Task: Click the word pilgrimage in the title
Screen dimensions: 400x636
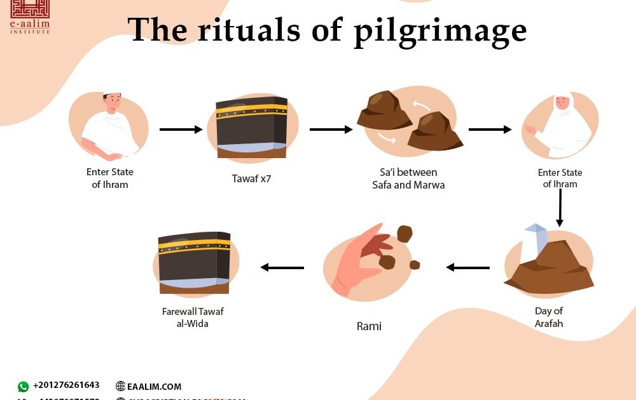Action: click(438, 30)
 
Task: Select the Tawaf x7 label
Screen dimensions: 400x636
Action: click(251, 178)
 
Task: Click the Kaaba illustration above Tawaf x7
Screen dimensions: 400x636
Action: click(251, 127)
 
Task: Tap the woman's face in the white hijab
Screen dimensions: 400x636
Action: click(562, 104)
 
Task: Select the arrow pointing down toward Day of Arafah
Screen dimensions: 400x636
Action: click(560, 208)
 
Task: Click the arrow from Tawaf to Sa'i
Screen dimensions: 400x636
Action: click(331, 130)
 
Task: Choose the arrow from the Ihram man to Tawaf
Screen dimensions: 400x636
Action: click(181, 130)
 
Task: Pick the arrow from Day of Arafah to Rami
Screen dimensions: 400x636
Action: click(467, 267)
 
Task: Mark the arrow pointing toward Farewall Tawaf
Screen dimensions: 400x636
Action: click(282, 267)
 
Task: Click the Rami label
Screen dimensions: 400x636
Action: click(369, 326)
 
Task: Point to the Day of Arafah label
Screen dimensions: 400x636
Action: click(549, 317)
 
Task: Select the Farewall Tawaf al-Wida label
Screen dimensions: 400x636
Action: click(193, 317)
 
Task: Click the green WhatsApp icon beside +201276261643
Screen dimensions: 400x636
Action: click(24, 386)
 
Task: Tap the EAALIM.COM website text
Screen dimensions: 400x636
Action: click(154, 386)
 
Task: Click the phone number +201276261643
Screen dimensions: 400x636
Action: click(66, 385)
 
